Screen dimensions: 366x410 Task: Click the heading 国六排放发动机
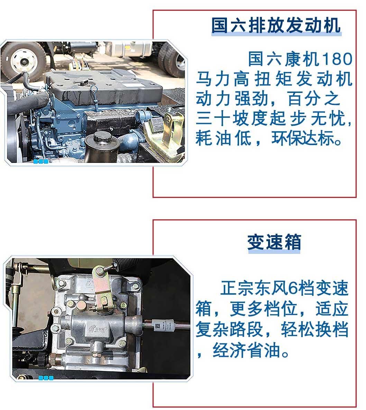[276, 25]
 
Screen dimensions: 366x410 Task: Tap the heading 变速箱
[274, 242]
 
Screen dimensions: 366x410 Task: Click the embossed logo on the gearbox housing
[98, 328]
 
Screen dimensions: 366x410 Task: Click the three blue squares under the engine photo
[41, 161]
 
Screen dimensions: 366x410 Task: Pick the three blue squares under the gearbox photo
[46, 378]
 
